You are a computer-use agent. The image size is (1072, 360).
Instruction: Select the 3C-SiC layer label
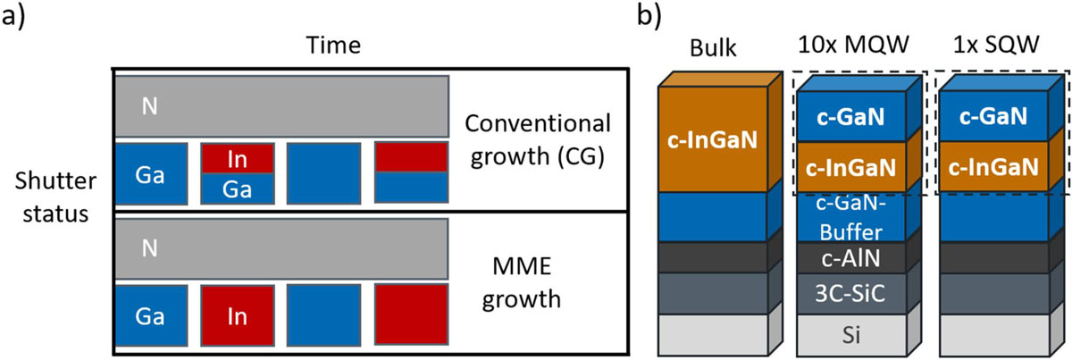[x=852, y=293]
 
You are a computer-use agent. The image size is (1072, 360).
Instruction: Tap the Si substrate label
[x=852, y=332]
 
